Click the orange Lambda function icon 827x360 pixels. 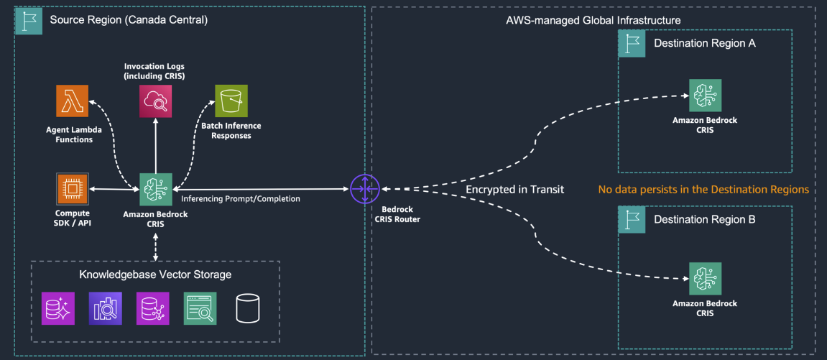[72, 101]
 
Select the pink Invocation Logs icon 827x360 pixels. [155, 101]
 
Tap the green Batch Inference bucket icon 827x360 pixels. [231, 101]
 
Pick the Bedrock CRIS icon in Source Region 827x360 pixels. [155, 190]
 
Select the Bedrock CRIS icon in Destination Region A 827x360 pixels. [705, 96]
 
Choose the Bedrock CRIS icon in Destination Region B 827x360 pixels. [705, 280]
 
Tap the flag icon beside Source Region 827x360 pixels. [28, 20]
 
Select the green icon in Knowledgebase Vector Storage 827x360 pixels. [200, 308]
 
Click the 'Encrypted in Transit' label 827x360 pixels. [514, 190]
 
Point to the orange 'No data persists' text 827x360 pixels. [703, 190]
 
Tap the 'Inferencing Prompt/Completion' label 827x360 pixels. [241, 199]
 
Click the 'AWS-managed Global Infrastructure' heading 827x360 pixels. [593, 20]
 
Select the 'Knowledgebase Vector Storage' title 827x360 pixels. [155, 274]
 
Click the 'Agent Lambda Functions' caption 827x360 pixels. [74, 134]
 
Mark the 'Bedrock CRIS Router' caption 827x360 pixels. [397, 214]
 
